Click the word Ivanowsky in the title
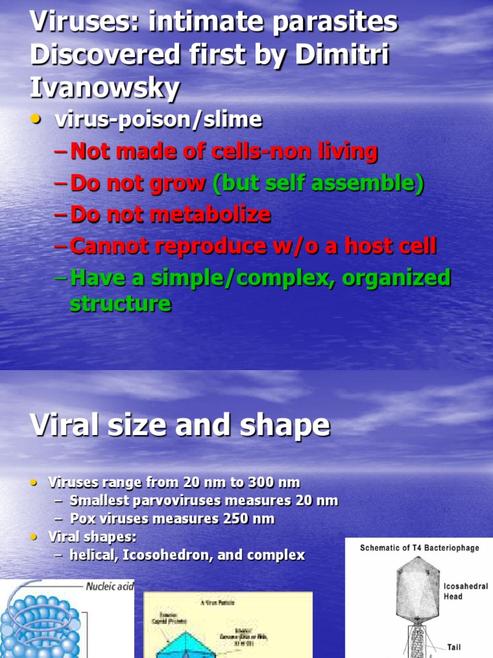tap(104, 88)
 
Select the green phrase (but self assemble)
tap(318, 184)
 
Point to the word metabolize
tap(206, 215)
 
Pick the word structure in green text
tap(120, 303)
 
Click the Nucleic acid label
tap(110, 586)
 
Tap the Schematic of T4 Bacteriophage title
tap(419, 548)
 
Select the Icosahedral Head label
tap(465, 591)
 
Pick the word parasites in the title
tap(338, 22)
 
